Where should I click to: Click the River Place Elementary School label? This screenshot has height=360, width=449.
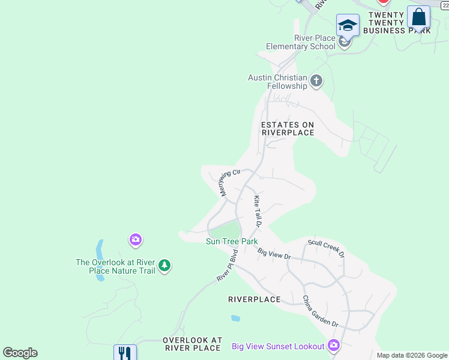(x=315, y=42)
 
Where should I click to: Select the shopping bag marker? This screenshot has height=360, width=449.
(x=418, y=18)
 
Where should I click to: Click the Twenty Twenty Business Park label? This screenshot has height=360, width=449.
(x=399, y=23)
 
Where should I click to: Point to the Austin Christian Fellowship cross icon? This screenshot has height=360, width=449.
(x=316, y=80)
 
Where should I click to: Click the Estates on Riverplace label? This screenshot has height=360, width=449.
(x=288, y=128)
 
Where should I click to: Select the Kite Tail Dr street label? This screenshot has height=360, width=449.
(x=258, y=211)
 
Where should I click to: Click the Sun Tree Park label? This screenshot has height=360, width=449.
(x=232, y=241)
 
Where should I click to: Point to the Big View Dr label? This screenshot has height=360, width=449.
(x=274, y=254)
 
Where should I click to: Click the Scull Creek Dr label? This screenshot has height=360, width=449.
(x=327, y=248)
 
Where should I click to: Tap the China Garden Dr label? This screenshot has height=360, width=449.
(x=321, y=311)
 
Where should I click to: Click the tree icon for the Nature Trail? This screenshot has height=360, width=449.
(x=164, y=265)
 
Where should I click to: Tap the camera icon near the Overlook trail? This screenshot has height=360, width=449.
(x=136, y=240)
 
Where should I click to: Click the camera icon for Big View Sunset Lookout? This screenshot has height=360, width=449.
(x=334, y=346)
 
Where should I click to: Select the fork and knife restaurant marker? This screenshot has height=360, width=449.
(x=125, y=352)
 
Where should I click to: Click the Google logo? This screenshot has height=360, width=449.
(x=20, y=353)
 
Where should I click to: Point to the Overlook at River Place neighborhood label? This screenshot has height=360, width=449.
(x=192, y=344)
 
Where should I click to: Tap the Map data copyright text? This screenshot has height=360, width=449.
(x=412, y=355)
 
